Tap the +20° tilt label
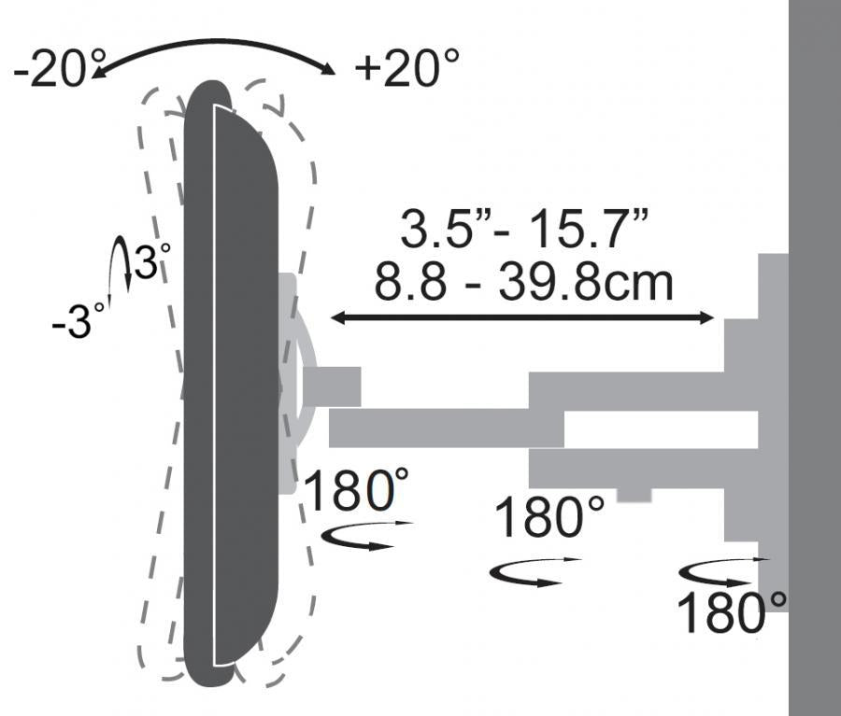click(407, 67)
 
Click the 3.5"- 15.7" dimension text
click(524, 229)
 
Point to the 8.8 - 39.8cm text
click(523, 282)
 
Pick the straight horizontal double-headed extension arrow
click(521, 317)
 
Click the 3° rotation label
click(151, 261)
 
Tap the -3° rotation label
click(78, 320)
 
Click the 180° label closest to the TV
click(356, 490)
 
